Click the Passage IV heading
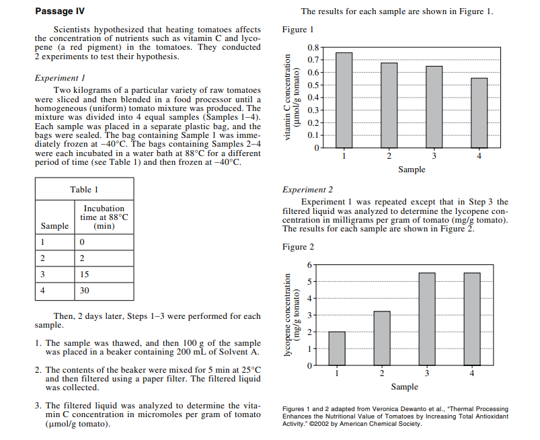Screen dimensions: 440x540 [x=59, y=11]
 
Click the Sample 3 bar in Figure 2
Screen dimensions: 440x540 [x=427, y=319]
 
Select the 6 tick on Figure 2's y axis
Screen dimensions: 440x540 [x=309, y=264]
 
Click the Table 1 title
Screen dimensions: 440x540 [x=84, y=190]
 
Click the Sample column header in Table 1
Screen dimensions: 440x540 [x=54, y=226]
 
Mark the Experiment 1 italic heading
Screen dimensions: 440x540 [x=59, y=78]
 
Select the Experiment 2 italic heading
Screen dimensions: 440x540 [x=307, y=190]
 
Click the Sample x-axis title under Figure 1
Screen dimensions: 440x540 [x=411, y=170]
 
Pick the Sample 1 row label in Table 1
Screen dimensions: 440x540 [x=42, y=242]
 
